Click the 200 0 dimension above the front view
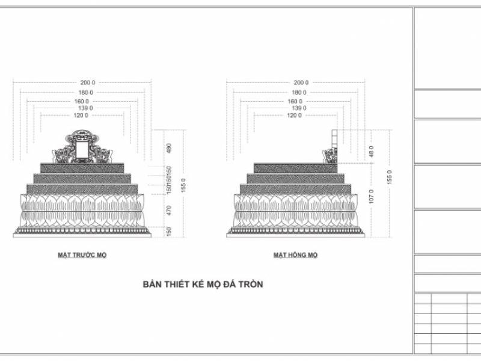click(x=88, y=82)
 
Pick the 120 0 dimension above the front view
click(x=81, y=115)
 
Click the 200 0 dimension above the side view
click(x=301, y=82)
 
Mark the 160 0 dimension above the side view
click(x=295, y=101)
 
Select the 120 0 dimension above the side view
click(x=295, y=115)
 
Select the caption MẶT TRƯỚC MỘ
click(x=82, y=255)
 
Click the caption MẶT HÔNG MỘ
click(x=295, y=255)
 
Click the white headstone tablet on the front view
click(x=82, y=148)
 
